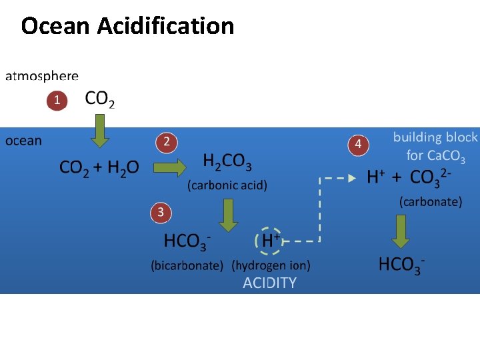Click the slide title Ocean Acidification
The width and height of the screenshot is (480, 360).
click(127, 26)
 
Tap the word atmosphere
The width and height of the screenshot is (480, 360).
click(42, 77)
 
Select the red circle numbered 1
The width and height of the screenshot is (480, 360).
click(57, 101)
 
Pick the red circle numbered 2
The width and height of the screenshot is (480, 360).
click(167, 142)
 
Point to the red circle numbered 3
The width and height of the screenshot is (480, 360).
click(160, 213)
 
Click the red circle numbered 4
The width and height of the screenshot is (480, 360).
click(358, 144)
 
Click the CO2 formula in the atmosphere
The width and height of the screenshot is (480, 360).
click(100, 100)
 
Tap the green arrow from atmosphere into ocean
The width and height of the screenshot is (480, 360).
click(100, 131)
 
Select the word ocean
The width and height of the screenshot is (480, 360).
click(23, 141)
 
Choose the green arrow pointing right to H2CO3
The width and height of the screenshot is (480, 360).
click(170, 167)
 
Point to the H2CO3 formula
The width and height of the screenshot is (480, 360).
click(227, 162)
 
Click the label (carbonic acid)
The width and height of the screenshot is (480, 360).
click(227, 185)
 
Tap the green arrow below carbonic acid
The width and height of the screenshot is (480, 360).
click(229, 214)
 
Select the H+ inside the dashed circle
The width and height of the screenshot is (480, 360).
click(269, 240)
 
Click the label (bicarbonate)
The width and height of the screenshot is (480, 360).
click(187, 265)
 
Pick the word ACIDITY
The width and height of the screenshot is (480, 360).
click(269, 283)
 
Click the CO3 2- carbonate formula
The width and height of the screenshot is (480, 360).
click(431, 177)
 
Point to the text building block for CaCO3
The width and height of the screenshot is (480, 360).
click(435, 147)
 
